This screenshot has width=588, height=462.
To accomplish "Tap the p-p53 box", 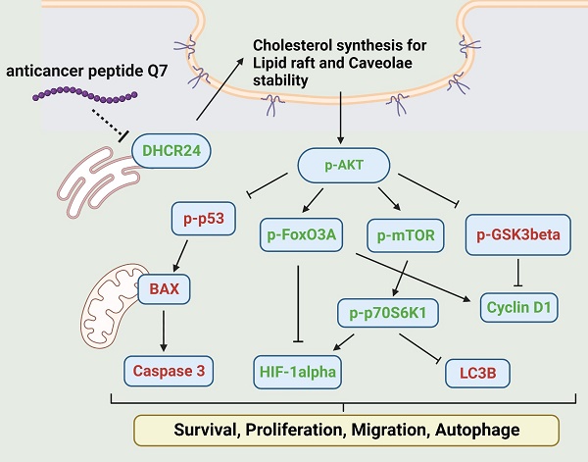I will click(x=204, y=219).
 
